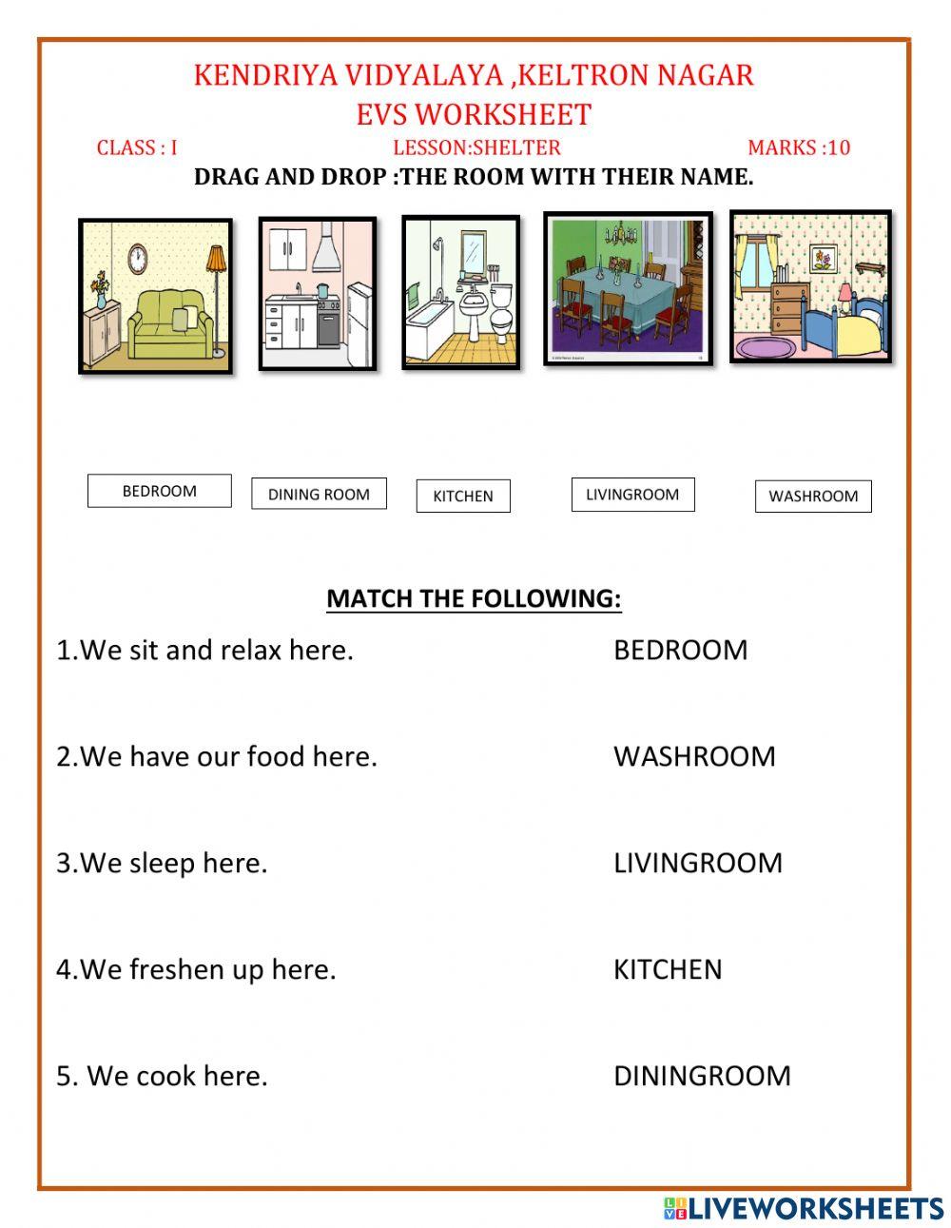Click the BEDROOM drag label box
click(159, 491)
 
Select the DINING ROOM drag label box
click(319, 494)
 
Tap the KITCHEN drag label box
click(463, 496)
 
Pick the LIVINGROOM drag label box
click(632, 495)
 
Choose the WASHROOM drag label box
click(813, 496)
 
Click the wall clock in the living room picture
click(138, 257)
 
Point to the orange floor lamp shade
click(216, 258)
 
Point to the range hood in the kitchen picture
click(326, 252)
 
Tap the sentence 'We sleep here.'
click(162, 863)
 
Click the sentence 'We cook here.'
click(162, 1076)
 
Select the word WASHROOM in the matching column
click(694, 756)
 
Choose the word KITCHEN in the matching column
click(668, 969)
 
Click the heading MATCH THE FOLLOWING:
click(474, 598)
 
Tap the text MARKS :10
click(799, 147)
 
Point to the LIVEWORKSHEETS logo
click(804, 1208)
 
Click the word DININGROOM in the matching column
click(702, 1076)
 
